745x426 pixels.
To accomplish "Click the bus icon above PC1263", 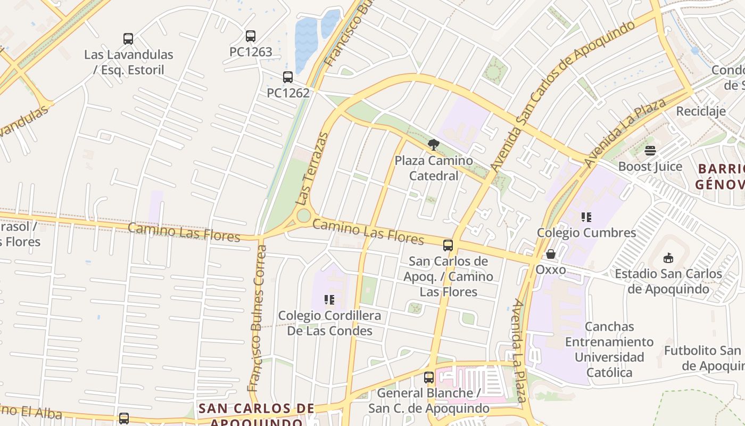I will pyautogui.click(x=251, y=36).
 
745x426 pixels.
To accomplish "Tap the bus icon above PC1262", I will pyautogui.click(x=288, y=77).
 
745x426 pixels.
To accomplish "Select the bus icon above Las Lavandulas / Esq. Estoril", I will pyautogui.click(x=128, y=39).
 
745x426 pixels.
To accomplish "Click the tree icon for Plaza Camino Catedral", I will pyautogui.click(x=434, y=144).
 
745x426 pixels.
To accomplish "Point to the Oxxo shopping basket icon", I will pyautogui.click(x=551, y=255).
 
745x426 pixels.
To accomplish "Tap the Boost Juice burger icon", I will pyautogui.click(x=650, y=151).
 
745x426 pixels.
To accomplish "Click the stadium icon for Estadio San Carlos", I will pyautogui.click(x=668, y=258).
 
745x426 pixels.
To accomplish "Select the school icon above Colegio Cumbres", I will pyautogui.click(x=586, y=217).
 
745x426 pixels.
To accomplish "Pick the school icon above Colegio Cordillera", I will pyautogui.click(x=329, y=300).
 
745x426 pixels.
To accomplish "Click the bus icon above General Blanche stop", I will pyautogui.click(x=429, y=378).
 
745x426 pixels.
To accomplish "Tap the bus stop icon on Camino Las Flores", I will pyautogui.click(x=448, y=245).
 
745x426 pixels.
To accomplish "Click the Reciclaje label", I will pyautogui.click(x=701, y=111).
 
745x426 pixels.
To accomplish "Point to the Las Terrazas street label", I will pyautogui.click(x=313, y=169).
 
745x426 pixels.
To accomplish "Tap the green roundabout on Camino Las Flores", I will pyautogui.click(x=304, y=216).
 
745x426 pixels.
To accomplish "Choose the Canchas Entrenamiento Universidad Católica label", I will pyautogui.click(x=609, y=349).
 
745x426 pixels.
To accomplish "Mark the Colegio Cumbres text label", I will pyautogui.click(x=586, y=233).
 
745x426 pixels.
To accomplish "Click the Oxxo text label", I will pyautogui.click(x=551, y=269).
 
